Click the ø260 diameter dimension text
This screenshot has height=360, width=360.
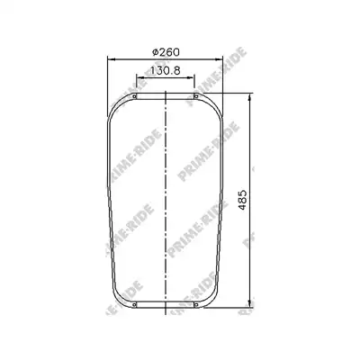pos(166,52)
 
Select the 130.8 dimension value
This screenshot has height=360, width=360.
pos(165,71)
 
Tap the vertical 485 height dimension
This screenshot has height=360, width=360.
pos(242,200)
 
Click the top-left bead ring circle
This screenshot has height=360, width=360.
pos(134,96)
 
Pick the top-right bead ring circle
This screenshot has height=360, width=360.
pos(196,96)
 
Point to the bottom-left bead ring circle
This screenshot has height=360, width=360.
pos(134,305)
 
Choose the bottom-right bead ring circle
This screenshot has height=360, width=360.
pos(196,305)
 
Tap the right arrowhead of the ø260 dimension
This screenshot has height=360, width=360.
pos(219,59)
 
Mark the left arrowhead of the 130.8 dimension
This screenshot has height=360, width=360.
pos(140,77)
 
